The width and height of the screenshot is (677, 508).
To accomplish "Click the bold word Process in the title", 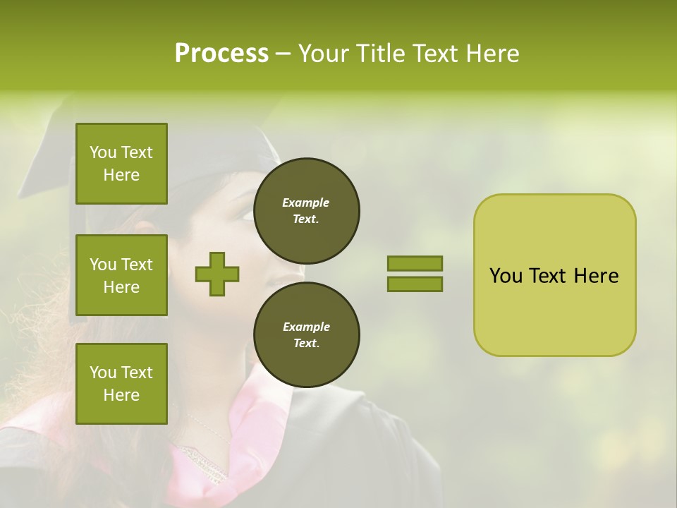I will click(221, 54).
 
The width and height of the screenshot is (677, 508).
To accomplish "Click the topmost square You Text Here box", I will click(121, 164).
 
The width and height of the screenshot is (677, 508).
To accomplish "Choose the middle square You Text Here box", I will click(121, 275).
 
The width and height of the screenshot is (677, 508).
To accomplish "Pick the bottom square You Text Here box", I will click(121, 383).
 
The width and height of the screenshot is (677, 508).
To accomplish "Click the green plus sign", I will click(217, 274).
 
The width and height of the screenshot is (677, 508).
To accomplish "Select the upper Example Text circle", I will click(307, 210).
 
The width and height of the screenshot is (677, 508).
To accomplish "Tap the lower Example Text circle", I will click(307, 334).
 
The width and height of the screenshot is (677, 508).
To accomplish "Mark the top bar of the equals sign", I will click(415, 263).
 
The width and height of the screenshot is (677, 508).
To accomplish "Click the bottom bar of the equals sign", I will click(415, 284).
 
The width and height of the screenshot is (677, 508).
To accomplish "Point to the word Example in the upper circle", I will click(305, 202).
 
